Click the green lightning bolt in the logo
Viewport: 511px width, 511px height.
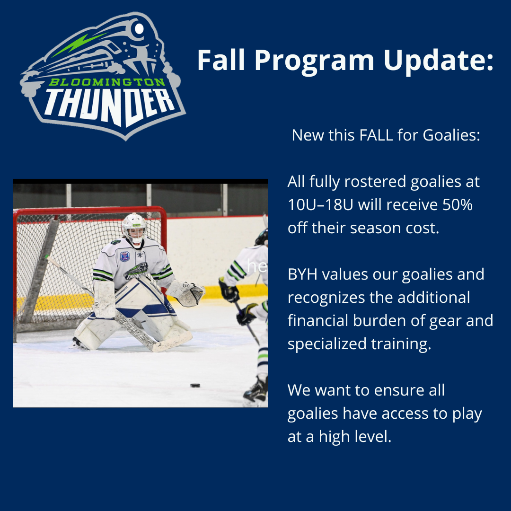[79, 44]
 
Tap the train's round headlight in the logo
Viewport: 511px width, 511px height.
[139, 29]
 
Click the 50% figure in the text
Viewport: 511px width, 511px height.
[457, 205]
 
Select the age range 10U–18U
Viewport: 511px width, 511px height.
[320, 205]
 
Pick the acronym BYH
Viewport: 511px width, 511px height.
[302, 274]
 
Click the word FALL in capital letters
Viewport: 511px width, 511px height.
[376, 135]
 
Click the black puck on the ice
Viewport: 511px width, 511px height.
[195, 386]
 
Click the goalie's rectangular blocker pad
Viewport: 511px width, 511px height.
[104, 299]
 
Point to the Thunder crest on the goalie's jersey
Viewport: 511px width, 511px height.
[137, 271]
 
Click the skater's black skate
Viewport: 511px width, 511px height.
[255, 391]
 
